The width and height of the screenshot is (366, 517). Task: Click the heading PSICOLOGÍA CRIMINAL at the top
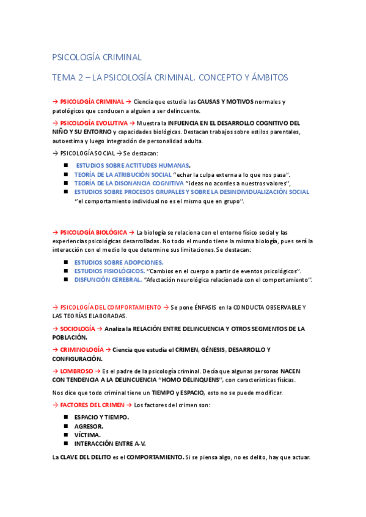point(97,57)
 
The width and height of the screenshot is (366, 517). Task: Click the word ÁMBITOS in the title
point(266,78)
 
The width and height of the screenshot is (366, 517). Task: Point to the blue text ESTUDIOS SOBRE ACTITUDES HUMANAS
point(132,166)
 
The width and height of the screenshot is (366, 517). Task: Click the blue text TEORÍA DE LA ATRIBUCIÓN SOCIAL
point(122,174)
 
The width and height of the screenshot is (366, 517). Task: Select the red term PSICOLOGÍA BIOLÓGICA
point(93,232)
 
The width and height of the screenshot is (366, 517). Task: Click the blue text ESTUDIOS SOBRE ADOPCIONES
point(110,262)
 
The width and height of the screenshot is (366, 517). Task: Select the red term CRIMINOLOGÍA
point(82,349)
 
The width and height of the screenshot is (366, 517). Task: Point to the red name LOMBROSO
point(76,371)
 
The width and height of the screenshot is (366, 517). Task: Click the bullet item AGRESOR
point(89,426)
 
